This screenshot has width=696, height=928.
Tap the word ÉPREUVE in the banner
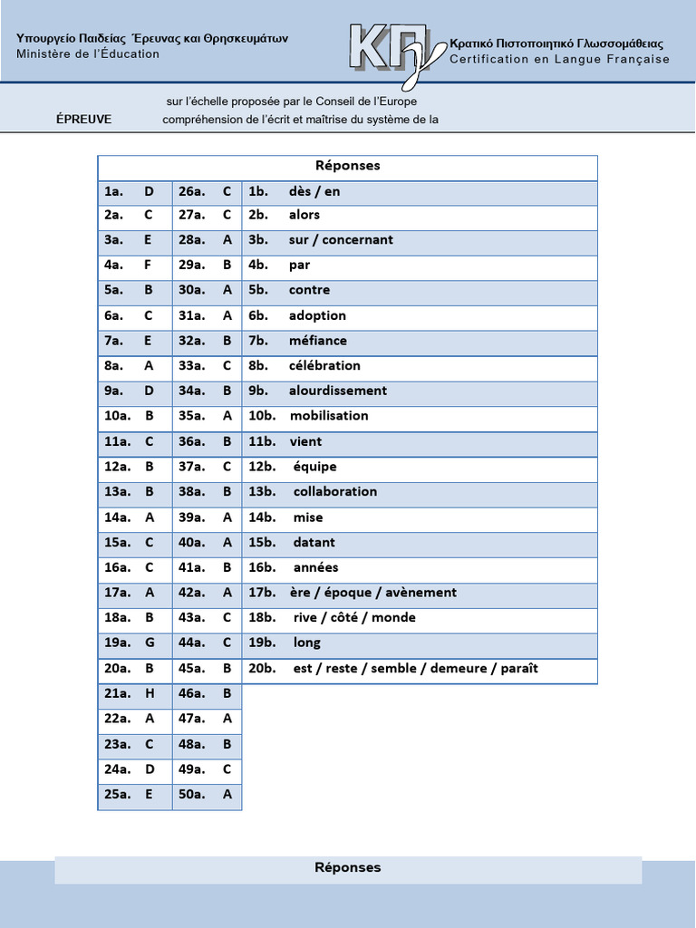pyautogui.click(x=84, y=119)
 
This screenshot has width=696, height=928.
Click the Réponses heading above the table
pyautogui.click(x=348, y=166)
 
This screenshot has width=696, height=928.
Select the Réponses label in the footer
pyautogui.click(x=348, y=867)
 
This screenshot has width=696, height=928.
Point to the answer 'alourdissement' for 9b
pyautogui.click(x=338, y=391)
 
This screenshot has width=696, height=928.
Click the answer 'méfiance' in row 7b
pyautogui.click(x=318, y=341)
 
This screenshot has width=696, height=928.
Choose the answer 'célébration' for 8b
pyautogui.click(x=324, y=365)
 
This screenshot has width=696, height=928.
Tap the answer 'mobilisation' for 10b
pyautogui.click(x=329, y=416)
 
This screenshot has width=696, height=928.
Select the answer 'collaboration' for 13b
pyautogui.click(x=335, y=491)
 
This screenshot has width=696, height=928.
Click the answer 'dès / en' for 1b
pyautogui.click(x=314, y=191)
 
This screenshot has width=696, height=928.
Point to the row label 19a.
pyautogui.click(x=117, y=643)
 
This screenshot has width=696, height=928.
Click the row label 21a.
pyautogui.click(x=117, y=693)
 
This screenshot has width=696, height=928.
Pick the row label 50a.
pyautogui.click(x=191, y=794)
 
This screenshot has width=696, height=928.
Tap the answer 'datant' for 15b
pyautogui.click(x=314, y=542)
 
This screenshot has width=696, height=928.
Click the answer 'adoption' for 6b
pyautogui.click(x=317, y=315)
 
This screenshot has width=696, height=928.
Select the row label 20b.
pyautogui.click(x=262, y=668)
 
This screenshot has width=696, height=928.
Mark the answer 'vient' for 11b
pyautogui.click(x=305, y=441)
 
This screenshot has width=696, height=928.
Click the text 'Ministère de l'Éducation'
pyautogui.click(x=88, y=54)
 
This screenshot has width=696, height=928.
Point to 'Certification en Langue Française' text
pyautogui.click(x=560, y=60)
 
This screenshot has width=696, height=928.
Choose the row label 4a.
pyautogui.click(x=113, y=266)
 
